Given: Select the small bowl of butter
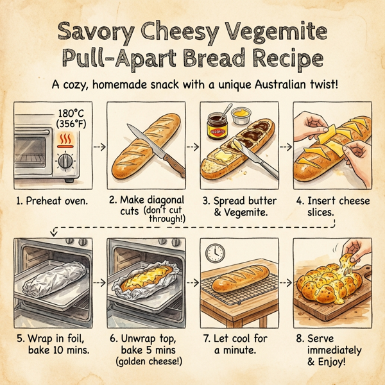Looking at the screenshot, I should pos(240,116).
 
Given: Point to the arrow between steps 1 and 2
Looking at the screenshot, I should pos(98,146).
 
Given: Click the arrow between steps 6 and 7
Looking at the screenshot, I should pos(194,282).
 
